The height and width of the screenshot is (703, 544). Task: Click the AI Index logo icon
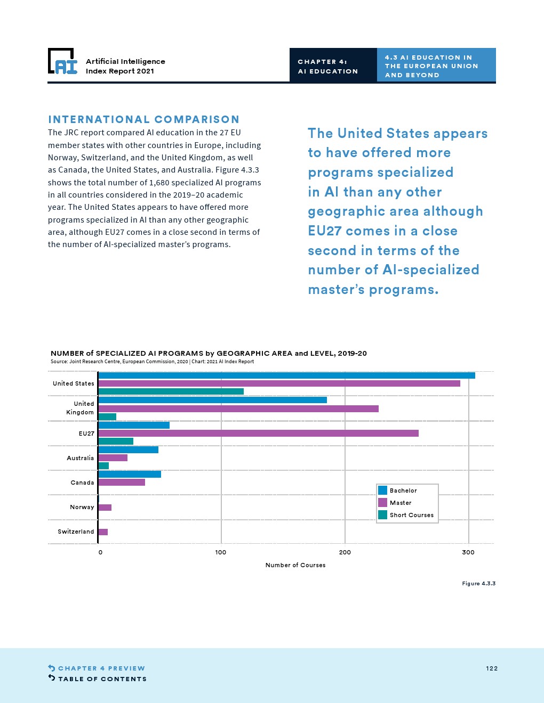(62, 61)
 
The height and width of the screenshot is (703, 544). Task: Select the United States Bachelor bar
(286, 375)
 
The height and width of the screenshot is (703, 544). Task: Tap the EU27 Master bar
(258, 434)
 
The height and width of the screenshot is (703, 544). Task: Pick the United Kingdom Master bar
(238, 408)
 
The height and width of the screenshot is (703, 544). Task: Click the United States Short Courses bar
(171, 391)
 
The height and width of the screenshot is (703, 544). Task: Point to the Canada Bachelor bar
(130, 474)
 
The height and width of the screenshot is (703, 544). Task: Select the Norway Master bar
(105, 508)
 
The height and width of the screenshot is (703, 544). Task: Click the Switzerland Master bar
(103, 532)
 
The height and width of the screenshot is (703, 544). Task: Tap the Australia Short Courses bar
(103, 466)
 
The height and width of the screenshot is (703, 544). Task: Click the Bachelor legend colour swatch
(382, 491)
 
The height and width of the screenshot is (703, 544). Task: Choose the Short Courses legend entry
(411, 515)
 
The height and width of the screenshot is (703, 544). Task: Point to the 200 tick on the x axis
(345, 552)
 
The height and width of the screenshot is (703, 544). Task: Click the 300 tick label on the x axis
(468, 552)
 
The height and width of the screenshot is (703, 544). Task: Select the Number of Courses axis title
(295, 565)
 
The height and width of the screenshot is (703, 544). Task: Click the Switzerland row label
(76, 532)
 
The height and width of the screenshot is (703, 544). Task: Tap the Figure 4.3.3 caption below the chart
(478, 584)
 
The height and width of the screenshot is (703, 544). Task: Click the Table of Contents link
(102, 679)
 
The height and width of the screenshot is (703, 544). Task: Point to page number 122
(492, 668)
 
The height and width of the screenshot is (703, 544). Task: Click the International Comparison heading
(144, 119)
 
